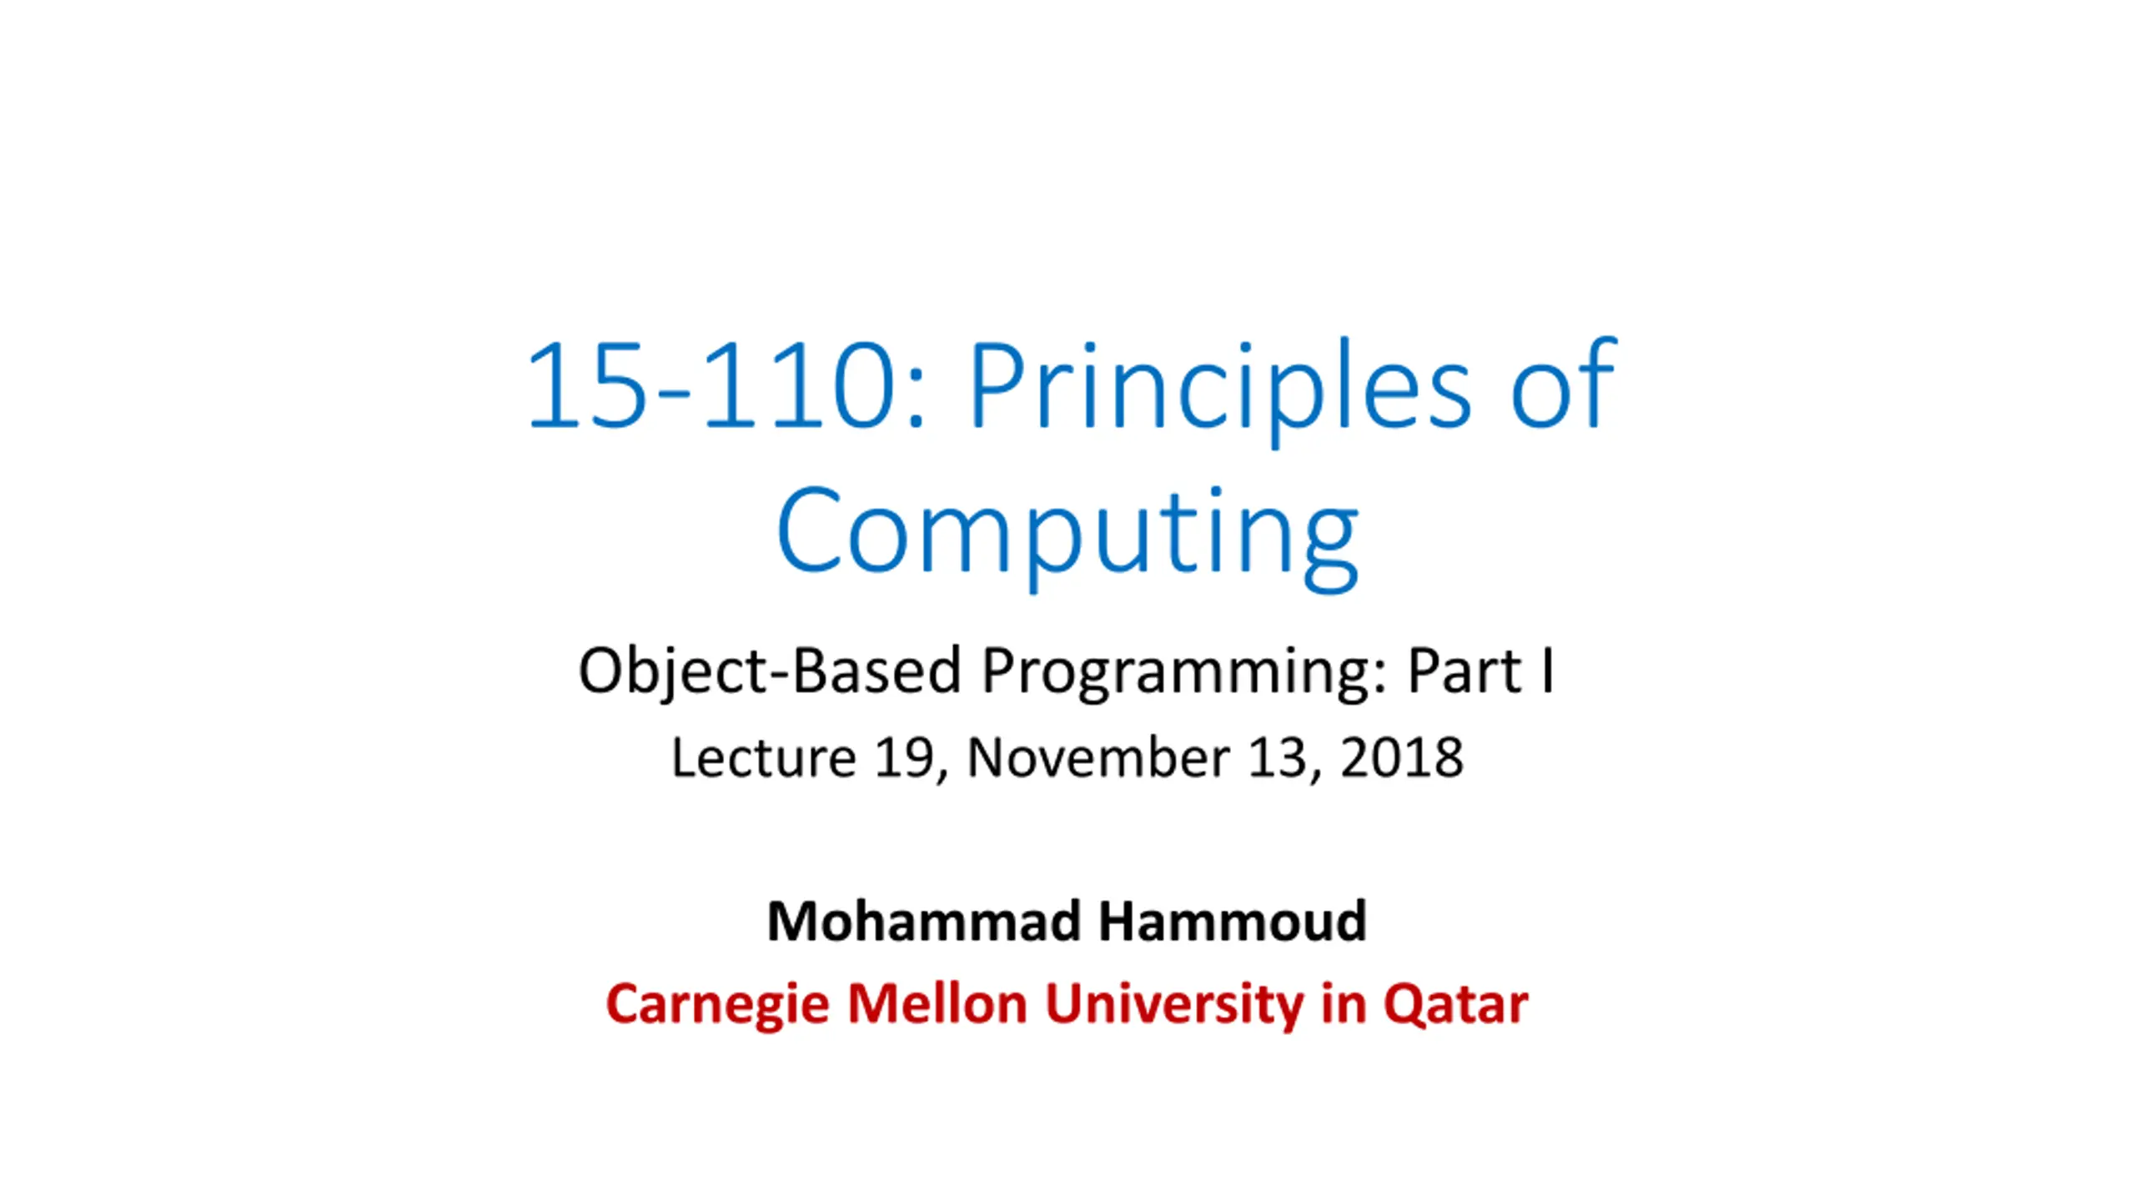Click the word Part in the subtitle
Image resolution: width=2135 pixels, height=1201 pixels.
click(1464, 671)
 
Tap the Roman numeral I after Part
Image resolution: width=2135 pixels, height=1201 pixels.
click(1548, 670)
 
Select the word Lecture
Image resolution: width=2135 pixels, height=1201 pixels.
click(763, 757)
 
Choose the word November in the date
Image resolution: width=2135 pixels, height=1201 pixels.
click(1098, 757)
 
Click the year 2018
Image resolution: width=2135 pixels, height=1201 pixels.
click(1401, 757)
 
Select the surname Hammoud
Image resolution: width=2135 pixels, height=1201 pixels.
click(1233, 922)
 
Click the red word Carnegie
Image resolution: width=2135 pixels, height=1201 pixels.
click(718, 1006)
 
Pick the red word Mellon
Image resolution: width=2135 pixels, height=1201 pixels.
click(937, 1003)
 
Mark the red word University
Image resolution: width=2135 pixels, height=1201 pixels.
click(1174, 1006)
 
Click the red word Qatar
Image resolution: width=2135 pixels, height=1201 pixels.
click(1455, 1004)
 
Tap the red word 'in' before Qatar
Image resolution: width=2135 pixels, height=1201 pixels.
click(1344, 1003)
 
